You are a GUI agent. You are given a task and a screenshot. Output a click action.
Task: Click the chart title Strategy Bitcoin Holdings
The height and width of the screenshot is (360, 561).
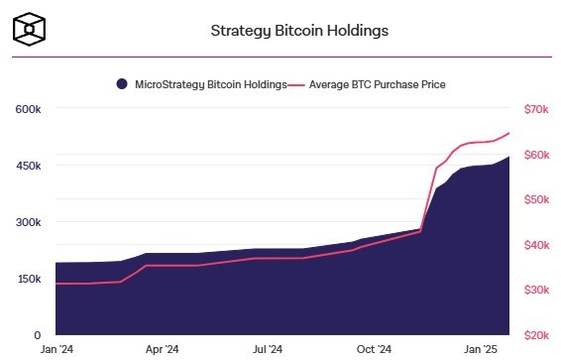[x=299, y=30]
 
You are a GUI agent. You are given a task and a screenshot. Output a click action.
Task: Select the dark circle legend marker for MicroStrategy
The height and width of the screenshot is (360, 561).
[x=121, y=84]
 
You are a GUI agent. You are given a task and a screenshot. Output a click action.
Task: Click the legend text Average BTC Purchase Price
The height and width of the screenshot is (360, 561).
[x=376, y=84]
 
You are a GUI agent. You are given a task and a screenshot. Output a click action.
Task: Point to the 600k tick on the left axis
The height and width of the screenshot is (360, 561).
[x=28, y=108]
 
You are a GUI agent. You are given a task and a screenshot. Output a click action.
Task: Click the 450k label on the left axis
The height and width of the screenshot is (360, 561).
[x=28, y=165]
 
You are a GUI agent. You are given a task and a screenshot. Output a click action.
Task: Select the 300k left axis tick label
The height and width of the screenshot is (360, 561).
[x=28, y=222]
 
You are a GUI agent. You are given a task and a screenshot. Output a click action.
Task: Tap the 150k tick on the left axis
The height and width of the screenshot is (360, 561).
[x=28, y=279]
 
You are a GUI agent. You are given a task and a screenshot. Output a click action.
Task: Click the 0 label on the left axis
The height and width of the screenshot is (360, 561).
[x=37, y=336]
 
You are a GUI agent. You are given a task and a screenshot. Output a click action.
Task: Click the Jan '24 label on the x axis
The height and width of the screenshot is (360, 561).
[x=56, y=349]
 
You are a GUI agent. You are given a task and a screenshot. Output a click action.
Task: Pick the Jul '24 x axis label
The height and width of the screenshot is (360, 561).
[x=269, y=349]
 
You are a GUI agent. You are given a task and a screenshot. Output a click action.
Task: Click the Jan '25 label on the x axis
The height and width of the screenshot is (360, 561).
[x=483, y=349]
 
